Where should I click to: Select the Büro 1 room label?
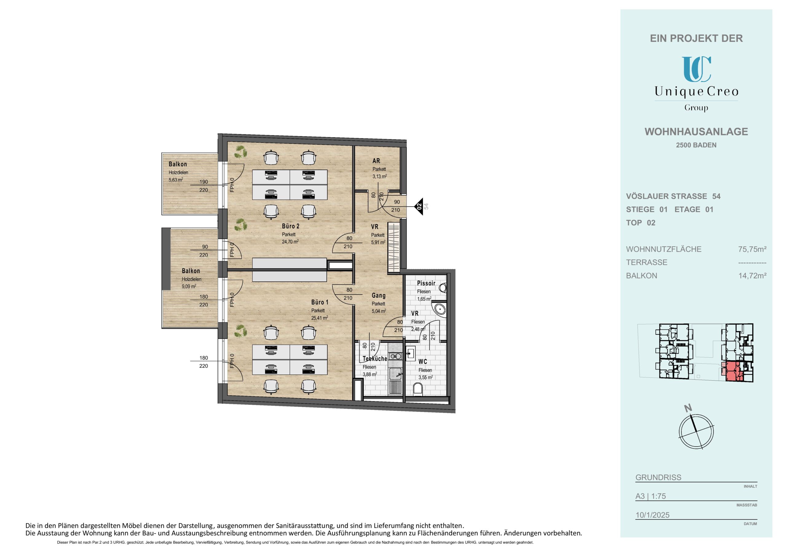pos(320,302)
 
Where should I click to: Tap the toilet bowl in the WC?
pos(418,389)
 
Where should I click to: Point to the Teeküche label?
pos(375,359)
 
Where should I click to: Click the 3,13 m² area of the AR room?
pos(379,176)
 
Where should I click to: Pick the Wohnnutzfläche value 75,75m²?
pos(752,249)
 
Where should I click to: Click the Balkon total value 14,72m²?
pos(752,276)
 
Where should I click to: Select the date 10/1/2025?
pos(652,515)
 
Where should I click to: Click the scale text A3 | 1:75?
pos(651,496)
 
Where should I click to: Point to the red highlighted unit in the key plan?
pos(731,371)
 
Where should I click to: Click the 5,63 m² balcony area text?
pos(176,179)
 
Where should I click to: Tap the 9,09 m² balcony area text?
pos(189,286)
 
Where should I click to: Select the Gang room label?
pos(378,295)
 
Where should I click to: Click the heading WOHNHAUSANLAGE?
pos(696,131)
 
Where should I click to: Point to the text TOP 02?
pos(641,223)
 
